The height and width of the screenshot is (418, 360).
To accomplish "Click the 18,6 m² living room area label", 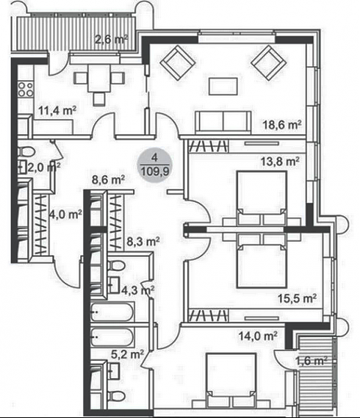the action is (282, 124).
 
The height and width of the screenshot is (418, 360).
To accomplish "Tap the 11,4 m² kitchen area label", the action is (57, 110).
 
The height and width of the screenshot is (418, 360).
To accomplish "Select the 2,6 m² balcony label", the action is (112, 40).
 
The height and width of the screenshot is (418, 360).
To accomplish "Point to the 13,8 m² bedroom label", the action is (280, 162).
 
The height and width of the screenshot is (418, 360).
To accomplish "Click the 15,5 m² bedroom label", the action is (297, 298).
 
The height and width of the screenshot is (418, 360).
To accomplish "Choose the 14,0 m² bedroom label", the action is (258, 336).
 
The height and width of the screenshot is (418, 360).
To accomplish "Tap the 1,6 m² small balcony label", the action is (312, 361).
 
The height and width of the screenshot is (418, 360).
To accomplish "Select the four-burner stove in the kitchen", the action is (26, 90).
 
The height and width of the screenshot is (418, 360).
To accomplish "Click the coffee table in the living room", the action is (223, 86).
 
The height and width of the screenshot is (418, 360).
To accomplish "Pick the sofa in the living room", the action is (223, 123).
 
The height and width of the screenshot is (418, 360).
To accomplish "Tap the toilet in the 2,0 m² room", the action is (26, 151).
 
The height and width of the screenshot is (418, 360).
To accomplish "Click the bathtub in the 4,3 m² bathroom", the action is (112, 311).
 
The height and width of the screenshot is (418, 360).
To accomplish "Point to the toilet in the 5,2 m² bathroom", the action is (116, 396).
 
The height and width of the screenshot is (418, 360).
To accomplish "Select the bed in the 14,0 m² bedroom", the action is (231, 379).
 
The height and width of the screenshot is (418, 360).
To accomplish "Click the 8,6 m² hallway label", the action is (108, 180).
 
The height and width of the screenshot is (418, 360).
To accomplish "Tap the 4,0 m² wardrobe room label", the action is (66, 214).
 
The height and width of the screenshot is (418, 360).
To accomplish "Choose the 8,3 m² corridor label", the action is (143, 242).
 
